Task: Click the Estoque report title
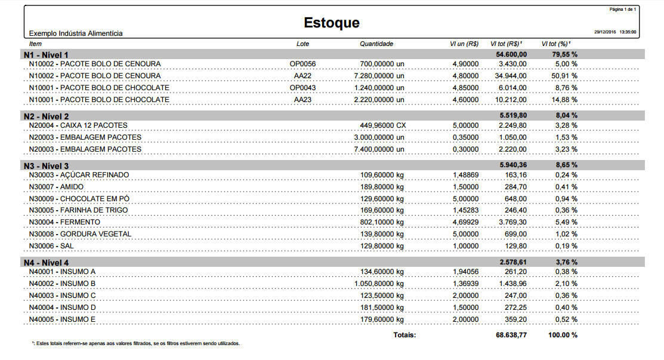pyautogui.click(x=332, y=23)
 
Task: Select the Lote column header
pyautogui.click(x=303, y=44)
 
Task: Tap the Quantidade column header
pyautogui.click(x=376, y=44)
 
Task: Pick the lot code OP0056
pyautogui.click(x=303, y=64)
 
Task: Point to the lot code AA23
pyautogui.click(x=303, y=100)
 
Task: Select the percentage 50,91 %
pyautogui.click(x=563, y=76)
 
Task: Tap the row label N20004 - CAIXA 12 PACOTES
pyautogui.click(x=78, y=125)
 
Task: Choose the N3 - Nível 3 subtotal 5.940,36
pyautogui.click(x=512, y=165)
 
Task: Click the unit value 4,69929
pyautogui.click(x=465, y=222)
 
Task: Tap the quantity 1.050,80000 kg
pyautogui.click(x=379, y=284)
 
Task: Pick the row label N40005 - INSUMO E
pyautogui.click(x=63, y=319)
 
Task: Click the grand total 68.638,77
pyautogui.click(x=511, y=335)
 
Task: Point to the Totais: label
pyautogui.click(x=404, y=335)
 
